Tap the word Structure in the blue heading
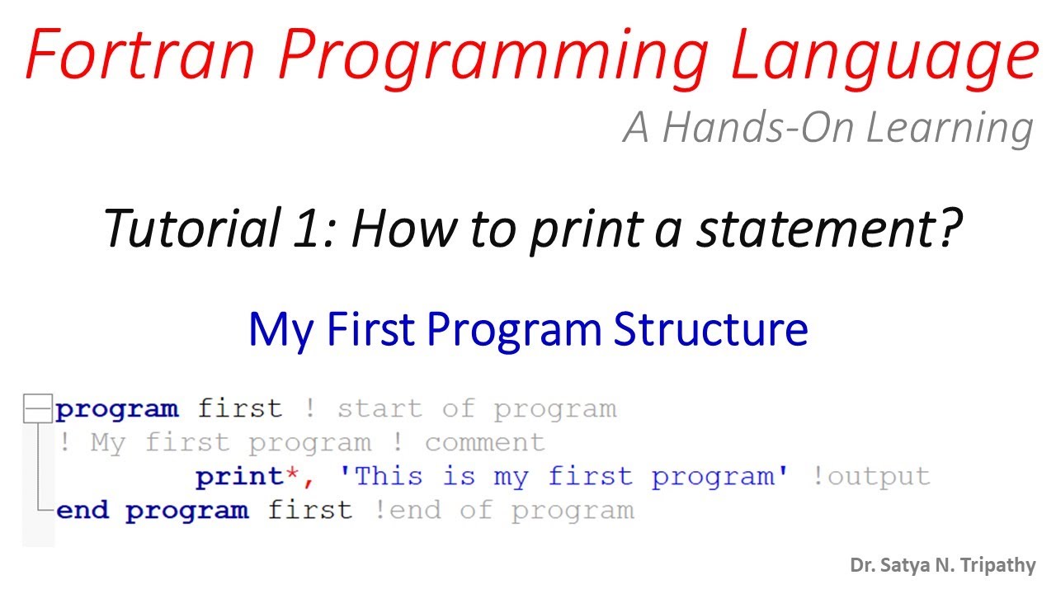pyautogui.click(x=710, y=329)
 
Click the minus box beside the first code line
pyautogui.click(x=36, y=408)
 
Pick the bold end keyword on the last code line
pyautogui.click(x=82, y=510)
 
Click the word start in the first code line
pyautogui.click(x=379, y=408)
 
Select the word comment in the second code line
pyautogui.click(x=485, y=442)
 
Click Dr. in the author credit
pyautogui.click(x=863, y=565)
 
